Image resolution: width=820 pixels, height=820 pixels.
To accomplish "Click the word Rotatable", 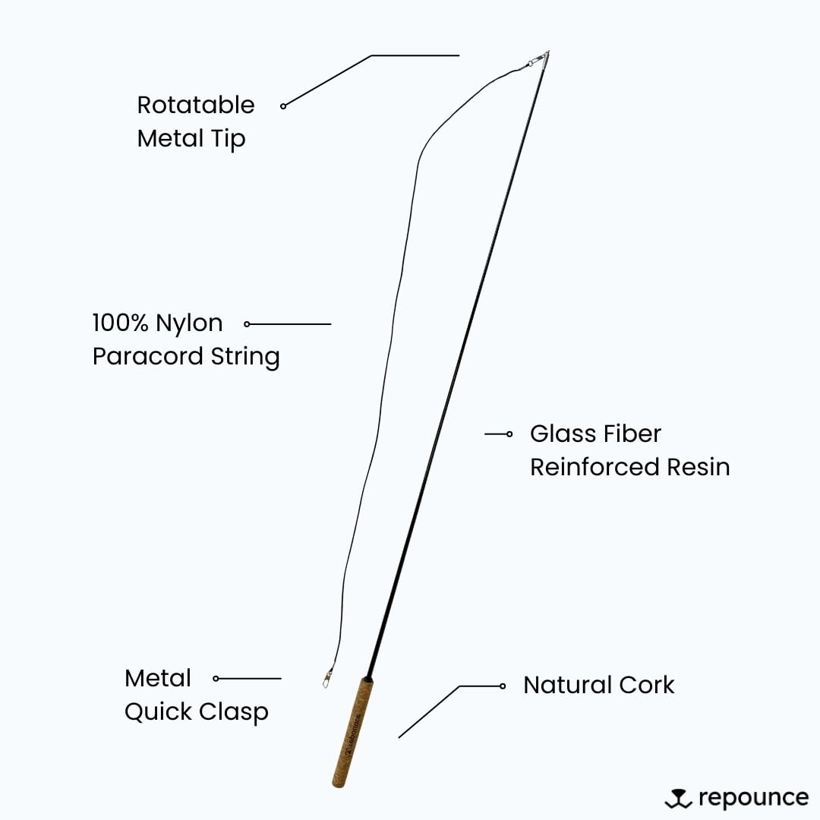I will [x=196, y=105].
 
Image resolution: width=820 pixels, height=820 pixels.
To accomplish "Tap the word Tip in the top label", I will [x=229, y=139].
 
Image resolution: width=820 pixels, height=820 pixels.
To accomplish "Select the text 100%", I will [x=121, y=323].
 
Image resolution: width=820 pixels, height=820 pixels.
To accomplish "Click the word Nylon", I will [x=189, y=324].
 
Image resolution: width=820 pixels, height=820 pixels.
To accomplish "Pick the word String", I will [x=245, y=357].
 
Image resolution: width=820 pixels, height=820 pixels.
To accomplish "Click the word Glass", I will [x=559, y=434].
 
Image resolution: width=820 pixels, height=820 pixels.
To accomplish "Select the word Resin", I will [x=699, y=467].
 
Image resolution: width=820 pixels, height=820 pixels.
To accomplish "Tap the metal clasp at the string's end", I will [x=328, y=674].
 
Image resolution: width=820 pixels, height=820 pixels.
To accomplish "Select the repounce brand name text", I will [x=753, y=798].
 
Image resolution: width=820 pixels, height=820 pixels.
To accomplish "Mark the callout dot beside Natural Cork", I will [x=503, y=686].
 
